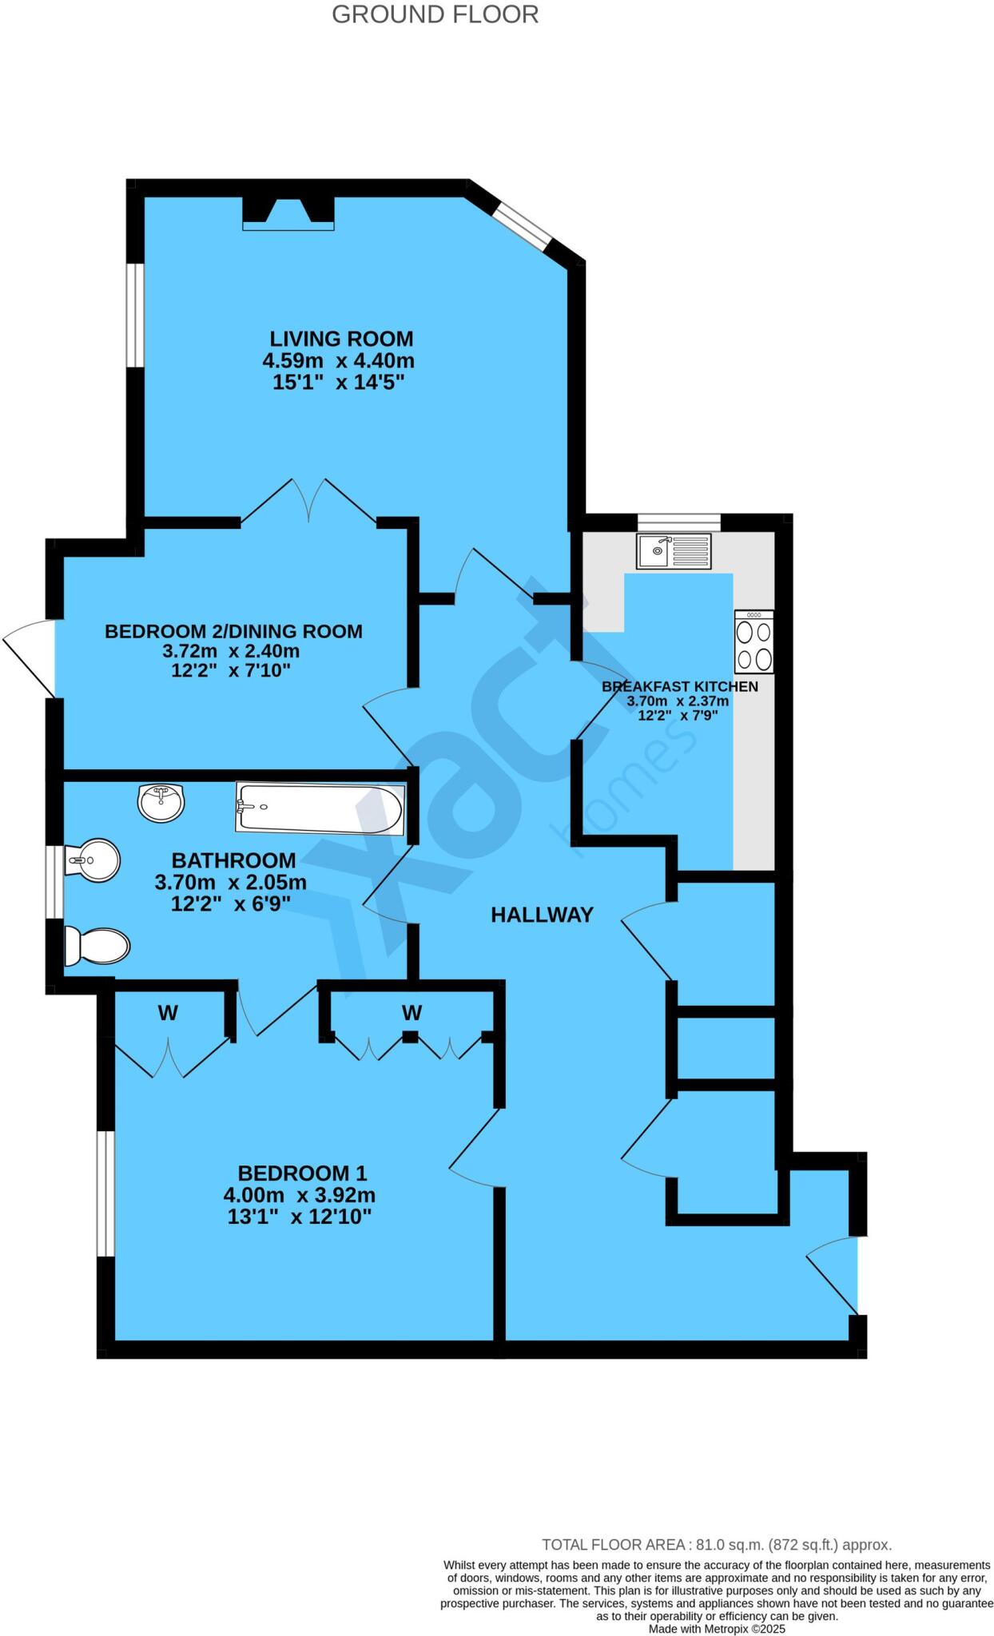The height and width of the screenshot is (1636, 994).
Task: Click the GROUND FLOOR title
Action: tap(435, 14)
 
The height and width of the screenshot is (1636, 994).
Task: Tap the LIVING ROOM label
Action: tap(341, 339)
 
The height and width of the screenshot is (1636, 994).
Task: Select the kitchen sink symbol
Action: tap(674, 550)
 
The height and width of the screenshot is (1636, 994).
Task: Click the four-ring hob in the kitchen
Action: tap(753, 641)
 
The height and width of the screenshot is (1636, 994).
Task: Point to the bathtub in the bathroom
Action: tap(320, 809)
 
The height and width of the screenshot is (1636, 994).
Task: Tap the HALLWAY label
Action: tap(542, 915)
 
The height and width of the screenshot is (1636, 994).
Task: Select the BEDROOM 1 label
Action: tap(302, 1173)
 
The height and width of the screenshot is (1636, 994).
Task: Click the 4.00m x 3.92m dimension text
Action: tap(299, 1196)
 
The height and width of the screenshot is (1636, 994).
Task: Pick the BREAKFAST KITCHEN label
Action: tap(679, 686)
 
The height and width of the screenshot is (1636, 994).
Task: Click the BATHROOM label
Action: tap(233, 860)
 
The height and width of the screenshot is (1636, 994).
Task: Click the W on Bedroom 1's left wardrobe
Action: tap(167, 1013)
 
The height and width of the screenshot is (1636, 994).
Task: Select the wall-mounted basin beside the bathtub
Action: tap(161, 802)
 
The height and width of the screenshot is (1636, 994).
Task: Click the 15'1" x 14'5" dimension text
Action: tap(338, 383)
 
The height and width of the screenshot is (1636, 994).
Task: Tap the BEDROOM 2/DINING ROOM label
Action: tap(233, 631)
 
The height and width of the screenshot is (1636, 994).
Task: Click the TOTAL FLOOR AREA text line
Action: tap(717, 1545)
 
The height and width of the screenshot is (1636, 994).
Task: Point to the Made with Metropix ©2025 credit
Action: tap(717, 1628)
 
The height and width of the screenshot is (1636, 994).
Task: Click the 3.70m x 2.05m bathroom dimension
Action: tap(230, 883)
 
